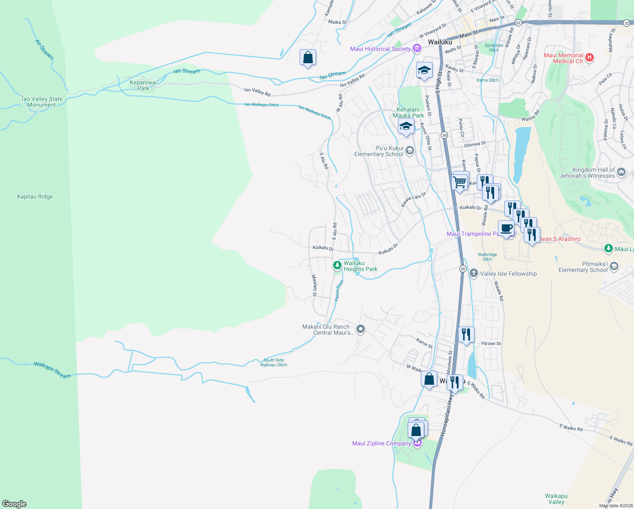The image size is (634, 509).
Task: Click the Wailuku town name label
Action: pos(440,42)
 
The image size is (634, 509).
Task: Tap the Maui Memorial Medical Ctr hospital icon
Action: pos(590,57)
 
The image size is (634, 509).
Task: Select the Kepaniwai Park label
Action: pos(143,85)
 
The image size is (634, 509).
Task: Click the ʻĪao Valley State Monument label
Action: pos(42,102)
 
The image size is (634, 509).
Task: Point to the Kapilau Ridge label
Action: pos(35,196)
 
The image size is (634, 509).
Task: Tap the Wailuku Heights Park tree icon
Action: pos(337,266)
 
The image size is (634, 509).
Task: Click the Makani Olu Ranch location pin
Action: pos(361,329)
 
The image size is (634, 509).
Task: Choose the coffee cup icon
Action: pos(506,228)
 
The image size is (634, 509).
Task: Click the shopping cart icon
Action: pos(460,182)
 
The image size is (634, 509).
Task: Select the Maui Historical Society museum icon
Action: pos(417,49)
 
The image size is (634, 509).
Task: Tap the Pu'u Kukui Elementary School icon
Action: pos(409,150)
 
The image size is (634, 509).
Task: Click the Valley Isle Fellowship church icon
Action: pos(473,274)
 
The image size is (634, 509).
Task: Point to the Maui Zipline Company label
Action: pos(381,443)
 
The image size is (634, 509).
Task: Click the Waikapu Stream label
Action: pos(52,369)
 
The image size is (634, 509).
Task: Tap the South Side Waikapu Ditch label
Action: pos(273,362)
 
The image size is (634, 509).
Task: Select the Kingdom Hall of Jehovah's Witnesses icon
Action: pos(621,172)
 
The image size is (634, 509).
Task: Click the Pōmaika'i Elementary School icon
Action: pos(614,266)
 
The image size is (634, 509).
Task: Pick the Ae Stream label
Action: pos(44,49)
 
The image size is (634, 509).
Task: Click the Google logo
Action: pos(14,503)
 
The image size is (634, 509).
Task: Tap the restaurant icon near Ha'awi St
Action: pos(466,335)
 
